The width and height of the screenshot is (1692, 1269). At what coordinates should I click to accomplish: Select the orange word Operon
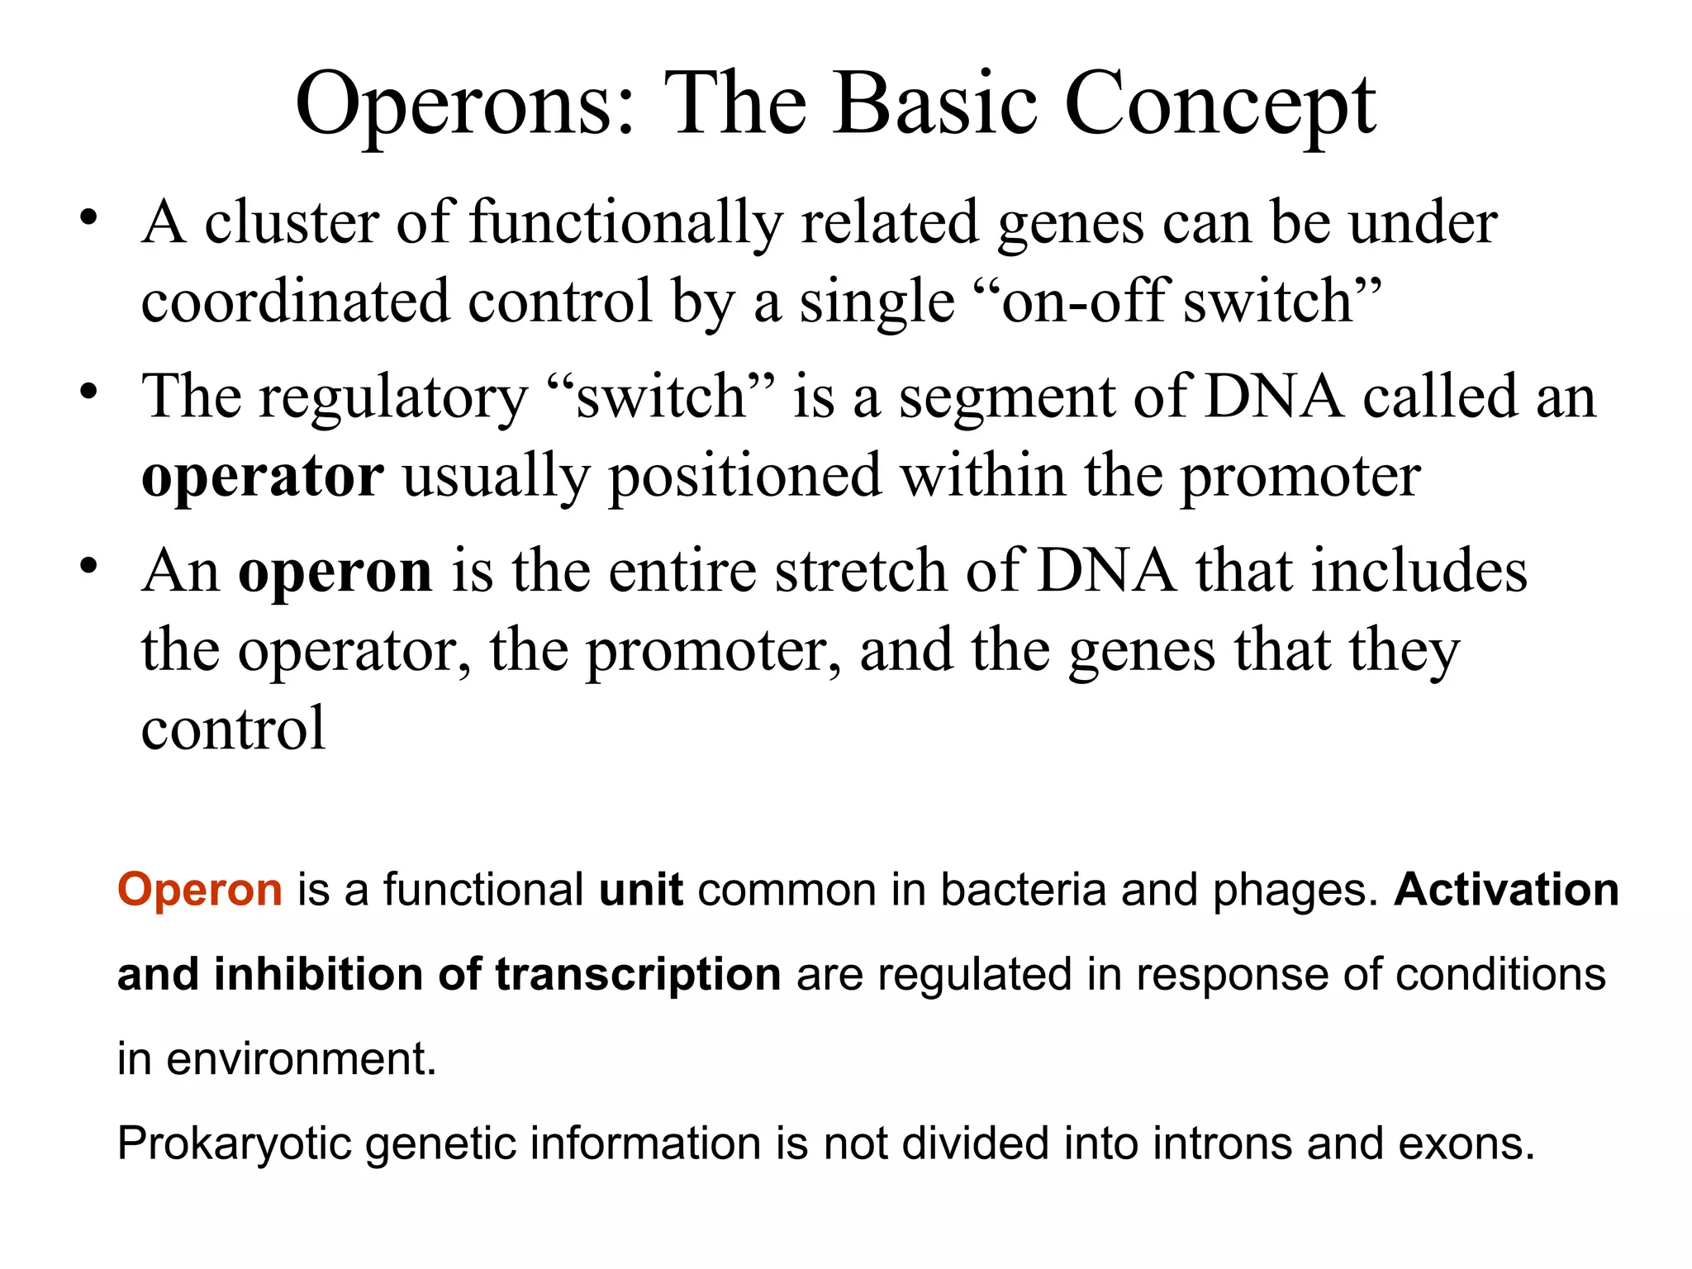[200, 890]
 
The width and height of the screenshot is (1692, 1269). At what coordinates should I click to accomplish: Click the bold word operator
[262, 477]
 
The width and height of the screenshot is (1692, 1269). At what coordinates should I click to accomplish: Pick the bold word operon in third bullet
[335, 572]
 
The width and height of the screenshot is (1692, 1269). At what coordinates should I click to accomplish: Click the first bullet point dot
[89, 219]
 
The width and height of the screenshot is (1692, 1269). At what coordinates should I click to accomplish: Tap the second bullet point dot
[89, 392]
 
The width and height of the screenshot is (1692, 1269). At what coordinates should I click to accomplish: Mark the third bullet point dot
[89, 568]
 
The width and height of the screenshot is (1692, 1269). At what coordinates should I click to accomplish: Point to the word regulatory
[392, 398]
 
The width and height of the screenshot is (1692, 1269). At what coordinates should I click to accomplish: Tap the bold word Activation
[1506, 890]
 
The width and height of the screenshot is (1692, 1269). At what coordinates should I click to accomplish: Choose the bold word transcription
[638, 975]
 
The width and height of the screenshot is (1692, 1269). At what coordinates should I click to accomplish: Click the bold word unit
[640, 890]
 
